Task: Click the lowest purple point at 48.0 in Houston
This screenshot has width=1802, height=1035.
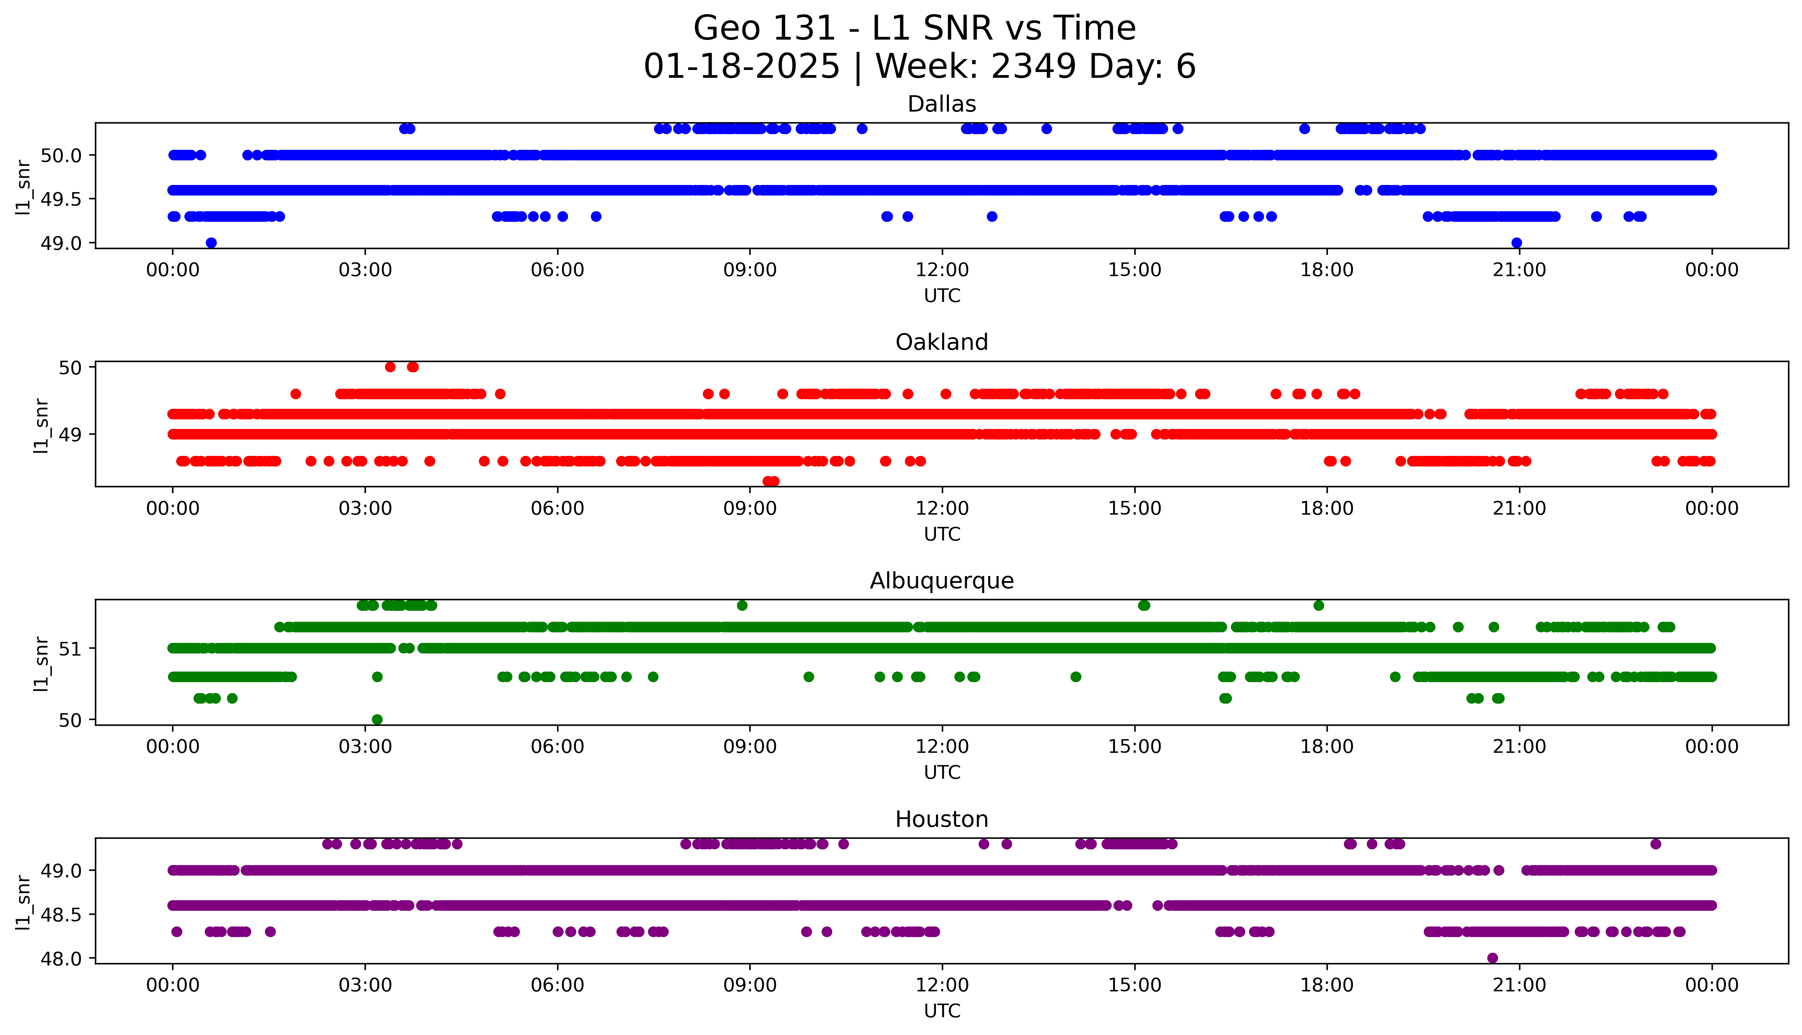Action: (1492, 958)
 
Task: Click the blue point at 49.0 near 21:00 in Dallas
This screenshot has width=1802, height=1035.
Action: (1516, 242)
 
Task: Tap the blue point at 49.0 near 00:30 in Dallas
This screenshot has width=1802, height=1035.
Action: (211, 242)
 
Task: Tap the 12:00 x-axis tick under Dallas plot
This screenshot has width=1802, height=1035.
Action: (942, 270)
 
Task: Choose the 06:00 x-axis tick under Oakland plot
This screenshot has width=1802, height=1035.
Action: (557, 508)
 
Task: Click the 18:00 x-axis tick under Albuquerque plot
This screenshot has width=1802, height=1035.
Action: (1326, 746)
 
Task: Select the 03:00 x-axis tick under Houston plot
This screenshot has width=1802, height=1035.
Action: (365, 985)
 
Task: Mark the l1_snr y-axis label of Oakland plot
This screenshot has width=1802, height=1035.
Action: (41, 425)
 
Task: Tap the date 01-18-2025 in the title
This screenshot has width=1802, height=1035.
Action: (741, 67)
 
